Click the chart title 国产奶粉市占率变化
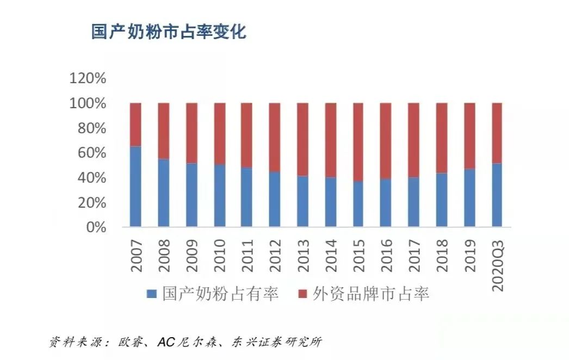(169, 32)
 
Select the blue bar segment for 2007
(135, 187)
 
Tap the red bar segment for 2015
(358, 142)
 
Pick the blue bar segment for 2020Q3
(497, 195)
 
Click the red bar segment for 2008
(163, 131)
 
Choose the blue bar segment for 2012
(275, 199)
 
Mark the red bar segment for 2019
(469, 135)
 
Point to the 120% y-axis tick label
(87, 78)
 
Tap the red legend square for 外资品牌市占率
(302, 294)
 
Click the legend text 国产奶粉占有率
(221, 294)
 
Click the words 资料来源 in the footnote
(71, 342)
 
